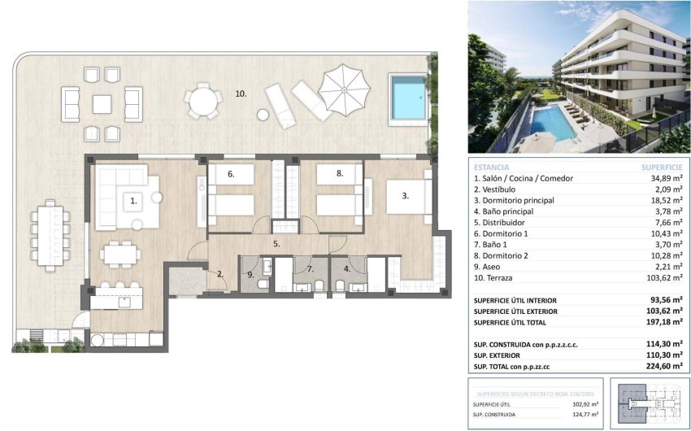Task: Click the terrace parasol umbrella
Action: (342, 87)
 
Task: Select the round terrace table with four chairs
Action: (202, 103)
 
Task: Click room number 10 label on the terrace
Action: (241, 94)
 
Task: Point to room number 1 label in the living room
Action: (133, 198)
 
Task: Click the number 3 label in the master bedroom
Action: (404, 195)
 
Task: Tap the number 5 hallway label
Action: (276, 242)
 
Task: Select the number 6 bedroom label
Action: (231, 173)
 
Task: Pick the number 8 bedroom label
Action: (340, 173)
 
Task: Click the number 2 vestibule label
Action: (219, 273)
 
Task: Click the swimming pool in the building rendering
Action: (550, 120)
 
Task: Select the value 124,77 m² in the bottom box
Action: (584, 414)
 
